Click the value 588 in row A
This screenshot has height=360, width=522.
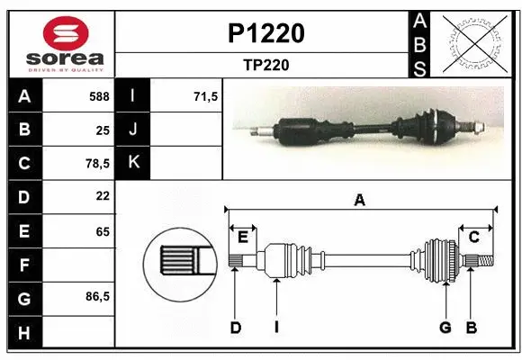pyautogui.click(x=99, y=94)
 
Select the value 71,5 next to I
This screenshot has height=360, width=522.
pyautogui.click(x=206, y=94)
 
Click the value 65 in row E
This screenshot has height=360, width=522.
pyautogui.click(x=102, y=230)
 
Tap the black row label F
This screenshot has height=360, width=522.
pyautogui.click(x=23, y=265)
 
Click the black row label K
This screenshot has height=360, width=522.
pyautogui.click(x=133, y=163)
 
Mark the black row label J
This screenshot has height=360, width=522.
pyautogui.click(x=133, y=129)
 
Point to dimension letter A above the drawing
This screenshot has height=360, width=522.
pyautogui.click(x=359, y=201)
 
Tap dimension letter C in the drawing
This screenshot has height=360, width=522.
pyautogui.click(x=472, y=237)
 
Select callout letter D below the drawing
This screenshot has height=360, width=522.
pyautogui.click(x=236, y=328)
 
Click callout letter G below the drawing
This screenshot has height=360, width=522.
pyautogui.click(x=445, y=328)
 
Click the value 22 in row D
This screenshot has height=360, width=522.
pyautogui.click(x=102, y=196)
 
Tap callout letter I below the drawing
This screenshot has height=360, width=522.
pyautogui.click(x=275, y=328)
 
